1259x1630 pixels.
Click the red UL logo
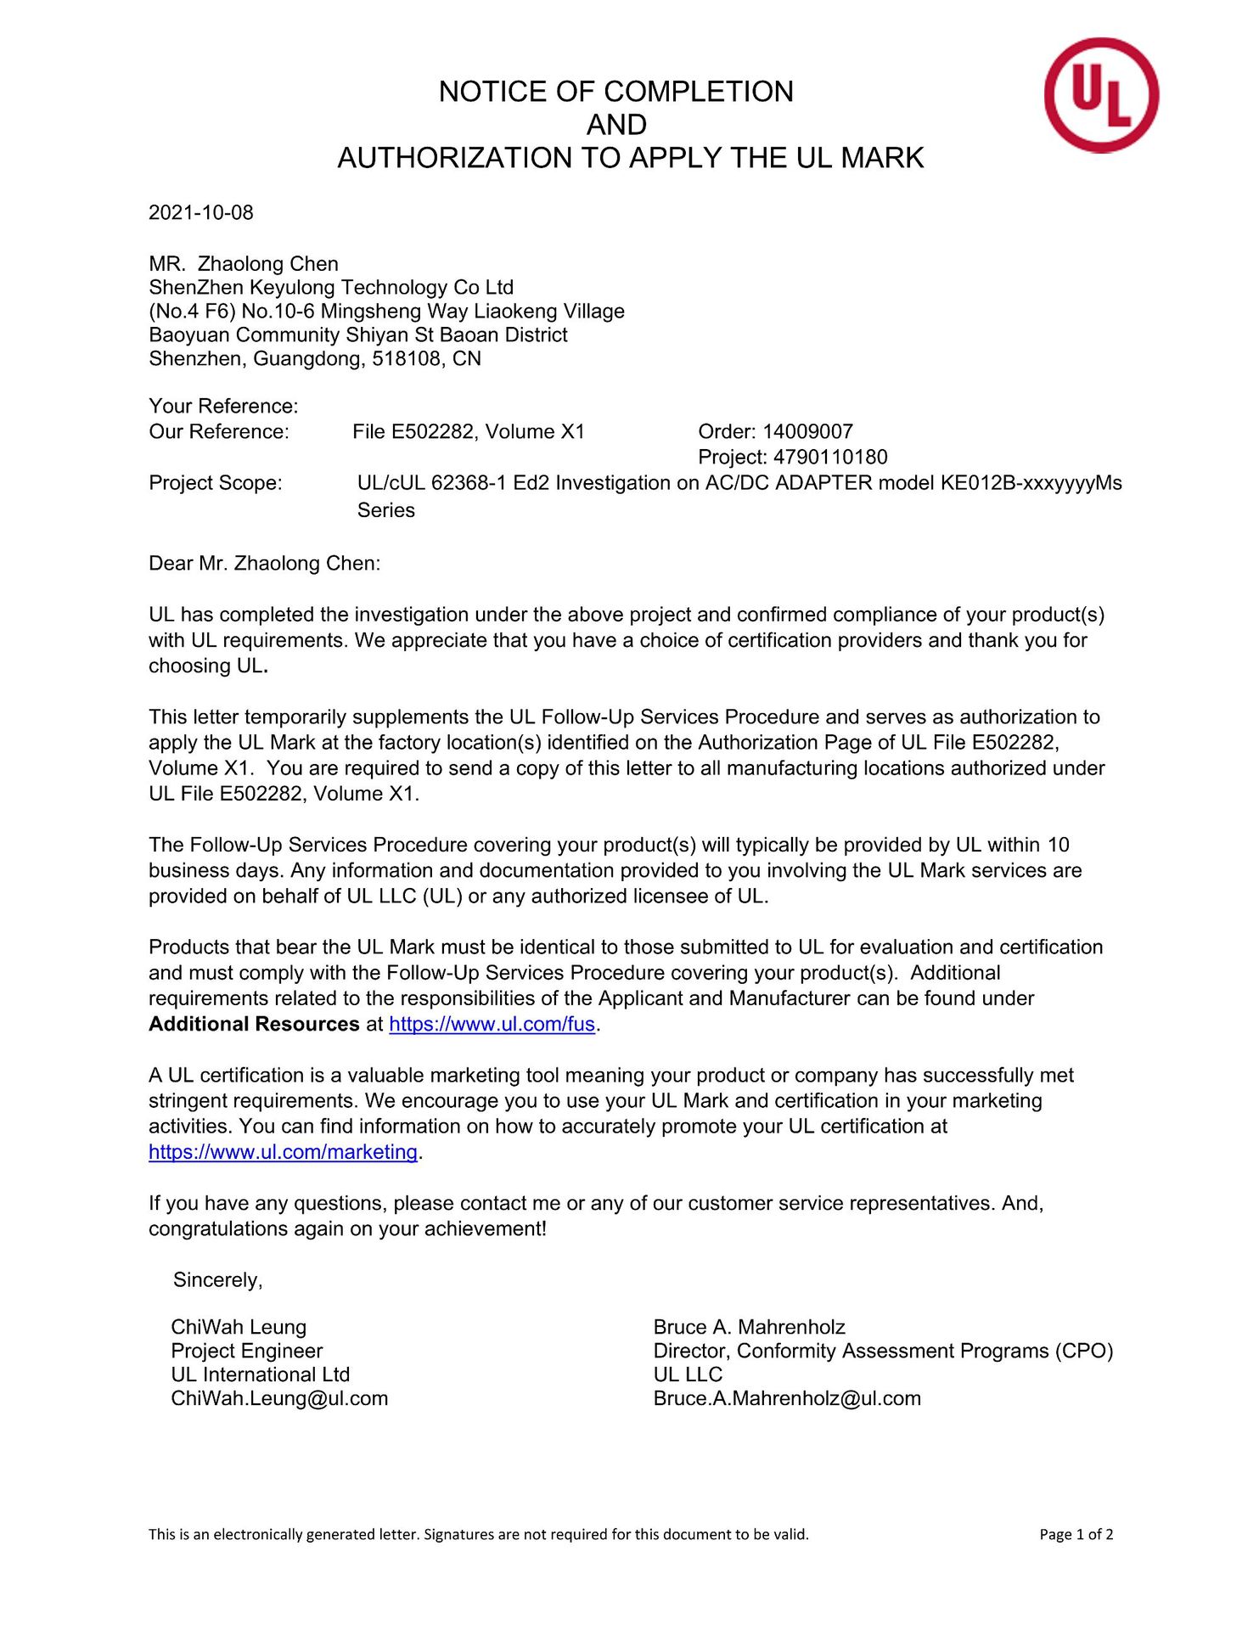pyautogui.click(x=1101, y=95)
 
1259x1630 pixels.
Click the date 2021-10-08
pyautogui.click(x=201, y=212)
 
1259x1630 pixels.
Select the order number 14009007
pyautogui.click(x=807, y=431)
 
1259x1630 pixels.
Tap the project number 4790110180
pyautogui.click(x=829, y=457)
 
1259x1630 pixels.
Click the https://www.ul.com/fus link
pyautogui.click(x=492, y=1024)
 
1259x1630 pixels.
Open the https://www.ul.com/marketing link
pyautogui.click(x=283, y=1152)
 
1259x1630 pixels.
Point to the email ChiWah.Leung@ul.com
pyautogui.click(x=279, y=1398)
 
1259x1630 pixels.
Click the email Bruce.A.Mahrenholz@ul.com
pyautogui.click(x=787, y=1398)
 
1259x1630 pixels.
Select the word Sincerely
pyautogui.click(x=217, y=1279)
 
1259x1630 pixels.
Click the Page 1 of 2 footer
pyautogui.click(x=1076, y=1534)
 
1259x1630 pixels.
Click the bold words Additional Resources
pyautogui.click(x=254, y=1024)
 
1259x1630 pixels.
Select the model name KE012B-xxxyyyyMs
pyautogui.click(x=1031, y=483)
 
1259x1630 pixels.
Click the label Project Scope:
pyautogui.click(x=216, y=483)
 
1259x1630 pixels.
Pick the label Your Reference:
pyautogui.click(x=223, y=406)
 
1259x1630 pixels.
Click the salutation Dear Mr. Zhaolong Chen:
pyautogui.click(x=265, y=563)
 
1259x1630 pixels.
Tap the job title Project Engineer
pyautogui.click(x=247, y=1351)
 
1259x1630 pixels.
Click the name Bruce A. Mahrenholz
pyautogui.click(x=750, y=1327)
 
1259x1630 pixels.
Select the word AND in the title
pyautogui.click(x=616, y=125)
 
